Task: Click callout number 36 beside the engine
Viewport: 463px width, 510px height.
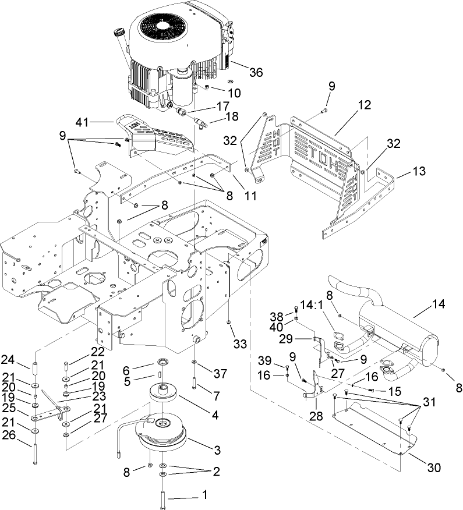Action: click(256, 72)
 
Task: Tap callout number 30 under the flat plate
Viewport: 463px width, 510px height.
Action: click(433, 467)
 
